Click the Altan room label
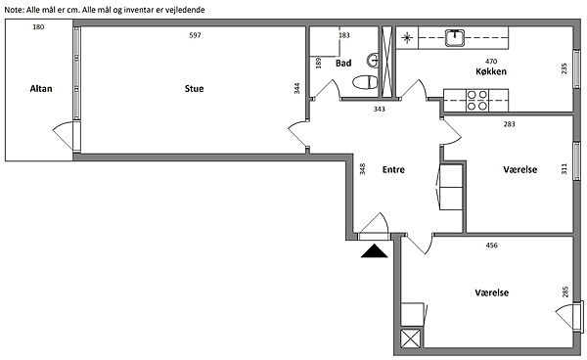pos(41,89)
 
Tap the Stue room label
pos(194,89)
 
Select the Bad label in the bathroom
pos(343,63)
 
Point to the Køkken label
pos(491,71)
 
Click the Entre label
pos(393,169)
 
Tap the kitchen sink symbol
pos(455,38)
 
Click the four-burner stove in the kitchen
pos(477,101)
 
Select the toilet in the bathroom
pos(365,82)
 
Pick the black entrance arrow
pos(375,251)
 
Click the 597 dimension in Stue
pos(195,35)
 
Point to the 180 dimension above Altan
pos(38,26)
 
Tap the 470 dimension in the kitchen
pos(491,61)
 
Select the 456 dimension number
pos(491,246)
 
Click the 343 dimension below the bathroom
pos(380,109)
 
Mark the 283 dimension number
pos(509,124)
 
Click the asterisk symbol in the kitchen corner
pos(407,38)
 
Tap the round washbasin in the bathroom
pos(373,61)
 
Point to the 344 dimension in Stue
pos(296,88)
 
